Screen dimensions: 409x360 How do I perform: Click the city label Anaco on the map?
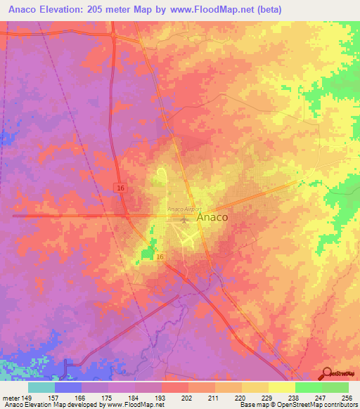tap(212, 218)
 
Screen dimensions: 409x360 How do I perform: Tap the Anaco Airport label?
tap(185, 209)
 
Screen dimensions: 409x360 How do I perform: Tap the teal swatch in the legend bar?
tap(41, 387)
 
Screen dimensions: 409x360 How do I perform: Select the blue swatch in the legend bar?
tap(67, 387)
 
